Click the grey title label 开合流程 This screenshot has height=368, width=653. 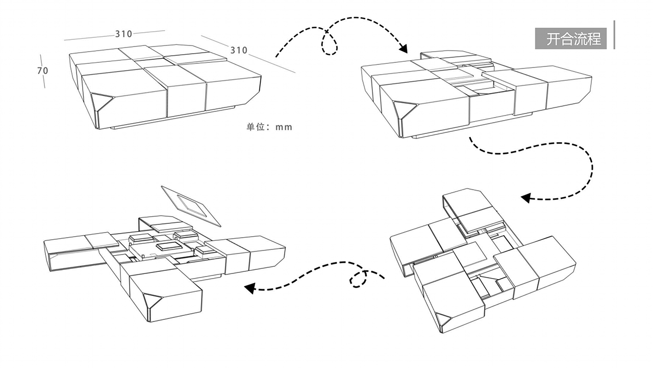(571, 39)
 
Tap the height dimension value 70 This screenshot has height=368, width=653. (42, 71)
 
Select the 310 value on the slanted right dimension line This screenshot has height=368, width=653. (239, 50)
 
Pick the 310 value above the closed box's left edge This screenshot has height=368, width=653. (123, 34)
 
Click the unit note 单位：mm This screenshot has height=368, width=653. (269, 127)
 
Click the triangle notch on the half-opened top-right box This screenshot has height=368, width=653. (403, 109)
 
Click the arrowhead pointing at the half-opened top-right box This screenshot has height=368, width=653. (403, 49)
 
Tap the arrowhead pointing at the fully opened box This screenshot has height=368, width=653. (249, 288)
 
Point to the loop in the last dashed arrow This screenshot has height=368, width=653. (359, 279)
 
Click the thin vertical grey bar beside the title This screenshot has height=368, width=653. (614, 35)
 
